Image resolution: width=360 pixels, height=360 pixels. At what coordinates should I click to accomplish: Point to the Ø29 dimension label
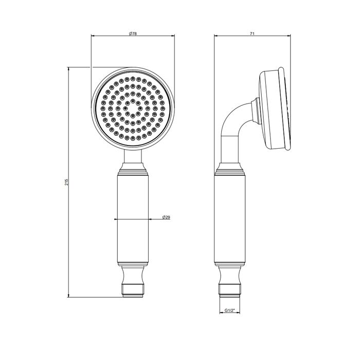point(166,218)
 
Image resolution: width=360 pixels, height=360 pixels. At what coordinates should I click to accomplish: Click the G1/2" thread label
point(230,311)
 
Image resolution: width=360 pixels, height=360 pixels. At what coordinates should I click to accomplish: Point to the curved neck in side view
point(234,129)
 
